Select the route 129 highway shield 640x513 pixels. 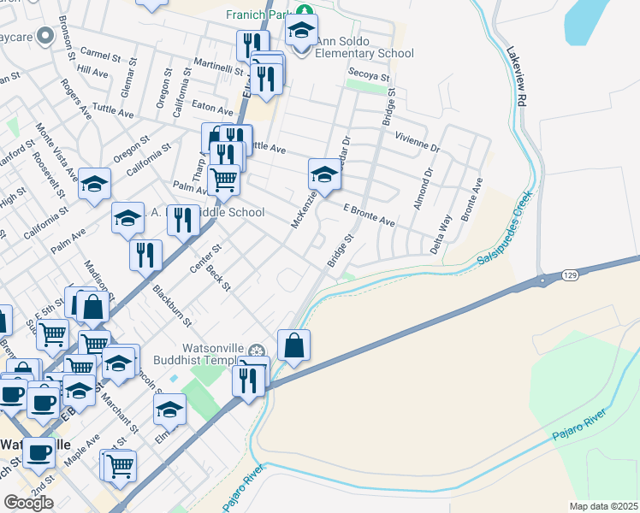(x=572, y=275)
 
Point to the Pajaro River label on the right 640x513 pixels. (x=578, y=431)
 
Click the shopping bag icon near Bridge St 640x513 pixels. (x=293, y=345)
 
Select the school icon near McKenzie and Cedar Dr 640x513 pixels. (x=324, y=174)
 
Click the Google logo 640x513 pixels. (x=28, y=502)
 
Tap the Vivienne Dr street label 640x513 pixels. (x=417, y=141)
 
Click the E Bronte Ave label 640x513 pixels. (x=369, y=215)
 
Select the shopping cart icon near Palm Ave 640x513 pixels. (x=223, y=180)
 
